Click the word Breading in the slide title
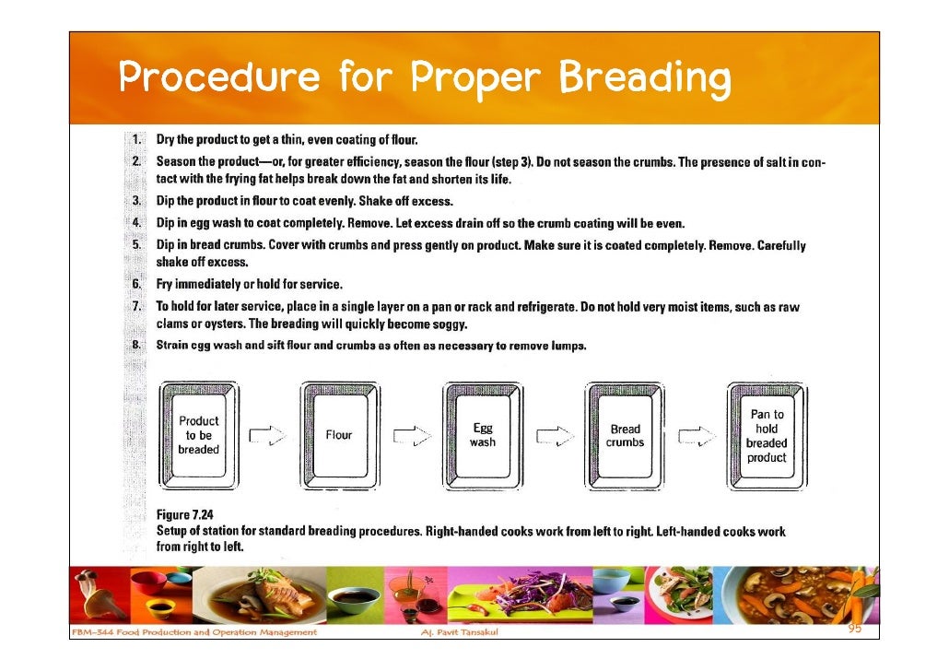coord(645,79)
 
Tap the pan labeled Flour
coord(339,435)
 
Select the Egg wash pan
coord(482,435)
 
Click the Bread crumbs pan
coord(625,435)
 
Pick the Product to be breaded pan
coord(198,435)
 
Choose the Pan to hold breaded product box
coord(767,435)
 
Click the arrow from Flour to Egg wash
coord(411,436)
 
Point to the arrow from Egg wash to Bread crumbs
coord(554,436)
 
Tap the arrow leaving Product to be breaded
coord(268,436)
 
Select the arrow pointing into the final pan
coord(697,436)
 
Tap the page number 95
coord(856,629)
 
